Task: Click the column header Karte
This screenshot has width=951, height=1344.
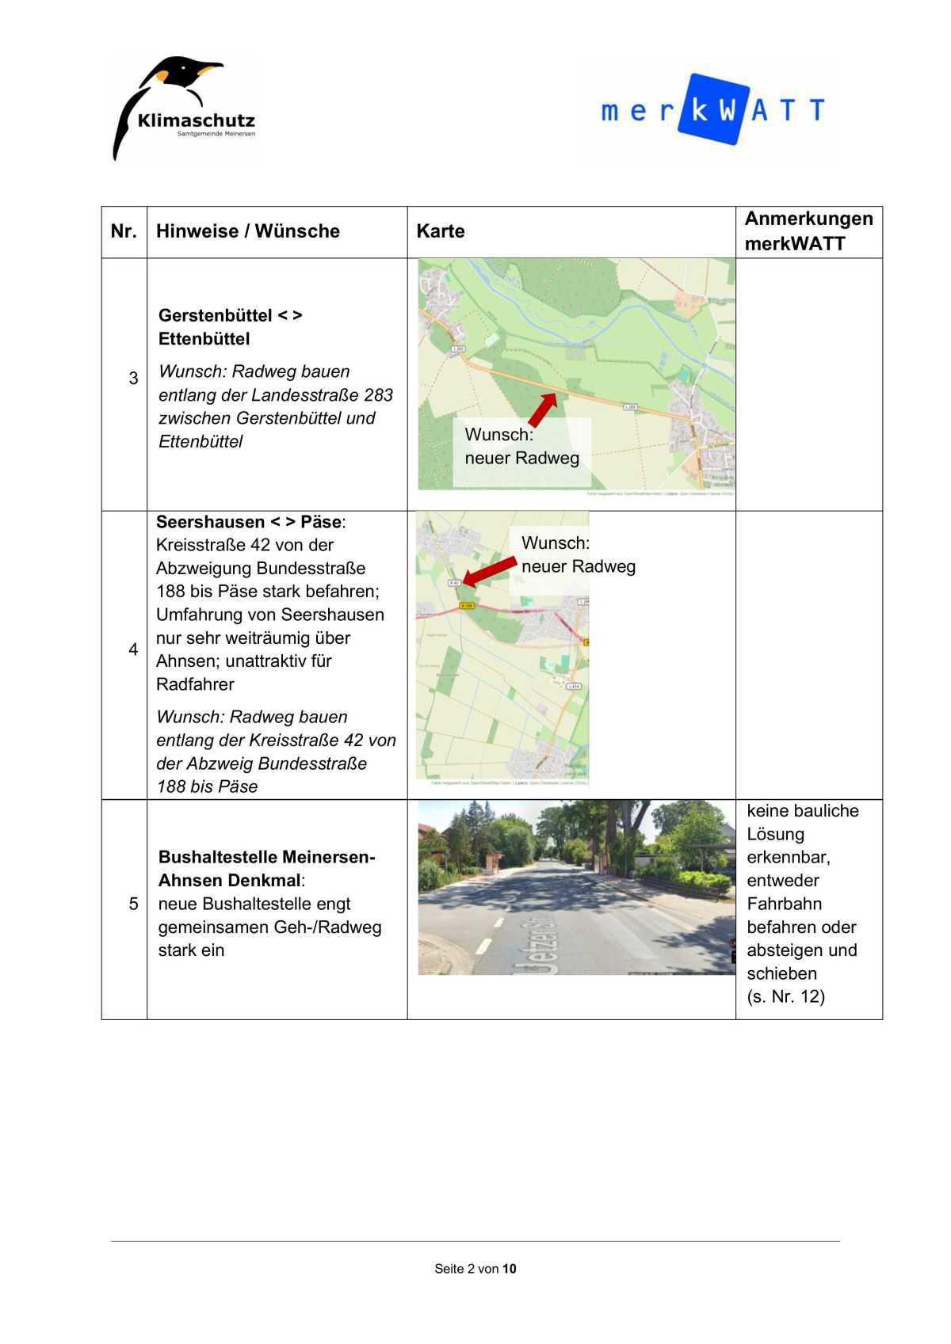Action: pos(441,231)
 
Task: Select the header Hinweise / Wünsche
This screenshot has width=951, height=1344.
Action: pos(248,231)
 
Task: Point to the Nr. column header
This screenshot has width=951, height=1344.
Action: pos(124,231)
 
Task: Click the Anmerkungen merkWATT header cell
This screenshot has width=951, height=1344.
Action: pos(808,231)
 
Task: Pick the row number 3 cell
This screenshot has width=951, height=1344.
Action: pos(133,379)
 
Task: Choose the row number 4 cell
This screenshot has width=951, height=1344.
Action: pos(133,650)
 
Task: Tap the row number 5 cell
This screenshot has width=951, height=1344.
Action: pos(133,904)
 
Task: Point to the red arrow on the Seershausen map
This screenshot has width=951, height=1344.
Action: pos(489,571)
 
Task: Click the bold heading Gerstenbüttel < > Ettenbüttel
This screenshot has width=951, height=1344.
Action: pos(230,327)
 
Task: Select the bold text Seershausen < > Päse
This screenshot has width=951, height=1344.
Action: pos(248,523)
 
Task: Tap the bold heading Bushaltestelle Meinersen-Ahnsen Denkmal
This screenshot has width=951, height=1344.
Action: pos(266,869)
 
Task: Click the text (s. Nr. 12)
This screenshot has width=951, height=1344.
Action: pos(785,997)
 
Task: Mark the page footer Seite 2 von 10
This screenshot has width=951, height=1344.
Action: pos(475,1269)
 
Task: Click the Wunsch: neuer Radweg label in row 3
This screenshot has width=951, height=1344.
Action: pos(521,447)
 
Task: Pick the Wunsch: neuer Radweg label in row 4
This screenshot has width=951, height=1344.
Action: pos(578,555)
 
